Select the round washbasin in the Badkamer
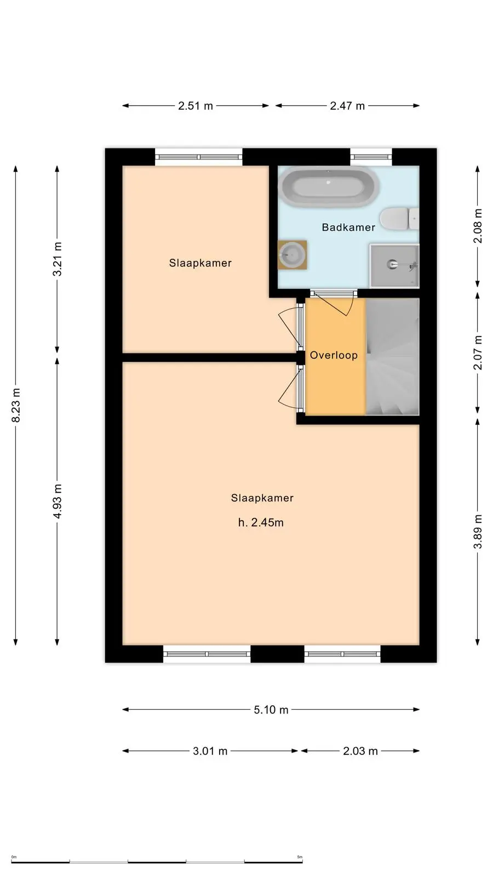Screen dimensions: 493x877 [292, 255]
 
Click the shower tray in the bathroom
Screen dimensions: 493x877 [394, 266]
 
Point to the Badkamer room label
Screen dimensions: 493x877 [348, 227]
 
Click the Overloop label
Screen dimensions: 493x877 [334, 355]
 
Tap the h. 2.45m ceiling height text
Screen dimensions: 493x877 [261, 522]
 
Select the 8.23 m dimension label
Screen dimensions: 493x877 [16, 406]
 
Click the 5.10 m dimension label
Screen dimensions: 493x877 [271, 709]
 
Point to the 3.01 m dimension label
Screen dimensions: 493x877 [210, 751]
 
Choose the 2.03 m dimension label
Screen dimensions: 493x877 [360, 751]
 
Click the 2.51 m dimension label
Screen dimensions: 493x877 [196, 106]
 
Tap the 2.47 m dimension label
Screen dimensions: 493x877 [347, 106]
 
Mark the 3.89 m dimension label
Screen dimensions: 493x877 [478, 531]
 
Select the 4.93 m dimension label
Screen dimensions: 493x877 [57, 502]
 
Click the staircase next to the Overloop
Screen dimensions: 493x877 [392, 357]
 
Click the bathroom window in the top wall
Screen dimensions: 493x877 [371, 157]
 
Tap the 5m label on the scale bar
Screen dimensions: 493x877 [300, 857]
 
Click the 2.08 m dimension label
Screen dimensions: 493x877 [478, 226]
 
